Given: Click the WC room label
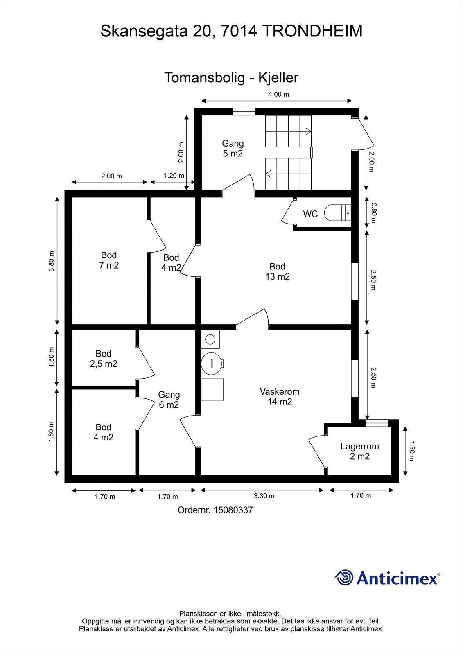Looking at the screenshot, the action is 310,214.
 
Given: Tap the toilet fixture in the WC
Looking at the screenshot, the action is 337,212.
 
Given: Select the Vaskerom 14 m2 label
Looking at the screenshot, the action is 280,397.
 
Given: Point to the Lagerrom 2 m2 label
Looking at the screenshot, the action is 360,451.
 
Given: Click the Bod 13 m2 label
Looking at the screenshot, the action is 277,271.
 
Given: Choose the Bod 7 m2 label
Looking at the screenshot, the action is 109,260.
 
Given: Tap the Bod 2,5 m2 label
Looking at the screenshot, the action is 104,359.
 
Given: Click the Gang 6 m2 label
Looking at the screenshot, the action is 169,400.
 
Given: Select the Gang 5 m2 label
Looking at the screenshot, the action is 233,148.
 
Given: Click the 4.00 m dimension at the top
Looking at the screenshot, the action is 278,94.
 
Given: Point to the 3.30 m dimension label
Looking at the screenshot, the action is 264,496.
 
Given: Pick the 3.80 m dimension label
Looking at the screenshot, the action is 52,261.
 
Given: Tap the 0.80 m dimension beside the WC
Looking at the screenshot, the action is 373,213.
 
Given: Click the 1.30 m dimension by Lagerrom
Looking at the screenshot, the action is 411,451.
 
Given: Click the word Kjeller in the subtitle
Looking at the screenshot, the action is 278,78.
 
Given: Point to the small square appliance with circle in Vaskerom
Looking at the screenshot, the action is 210,339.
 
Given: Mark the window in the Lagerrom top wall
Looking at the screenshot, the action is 377,423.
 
